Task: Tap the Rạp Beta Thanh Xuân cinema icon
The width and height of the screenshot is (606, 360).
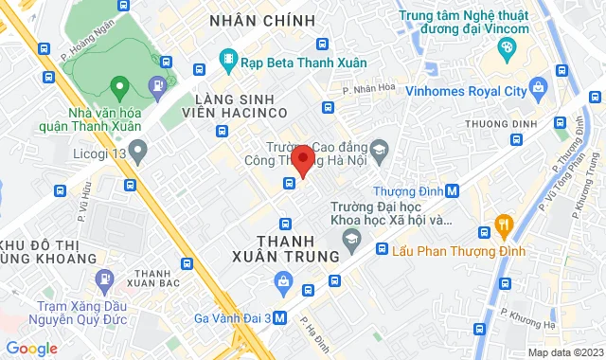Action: tap(227, 61)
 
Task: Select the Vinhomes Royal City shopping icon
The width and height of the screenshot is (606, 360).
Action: tap(538, 89)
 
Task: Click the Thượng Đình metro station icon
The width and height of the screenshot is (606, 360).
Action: tap(453, 190)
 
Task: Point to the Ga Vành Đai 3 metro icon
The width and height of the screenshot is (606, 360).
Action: tap(279, 318)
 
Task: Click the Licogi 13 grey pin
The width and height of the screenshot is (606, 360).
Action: tap(138, 149)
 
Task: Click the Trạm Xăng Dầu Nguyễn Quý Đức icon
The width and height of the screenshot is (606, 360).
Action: tap(102, 280)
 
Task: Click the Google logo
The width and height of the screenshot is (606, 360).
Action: tap(31, 349)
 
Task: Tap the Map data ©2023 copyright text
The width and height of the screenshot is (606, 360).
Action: tap(564, 352)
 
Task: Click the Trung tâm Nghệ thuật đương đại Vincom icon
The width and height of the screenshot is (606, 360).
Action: tap(508, 47)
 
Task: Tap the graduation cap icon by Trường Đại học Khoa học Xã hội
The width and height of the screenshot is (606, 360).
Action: tap(351, 238)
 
